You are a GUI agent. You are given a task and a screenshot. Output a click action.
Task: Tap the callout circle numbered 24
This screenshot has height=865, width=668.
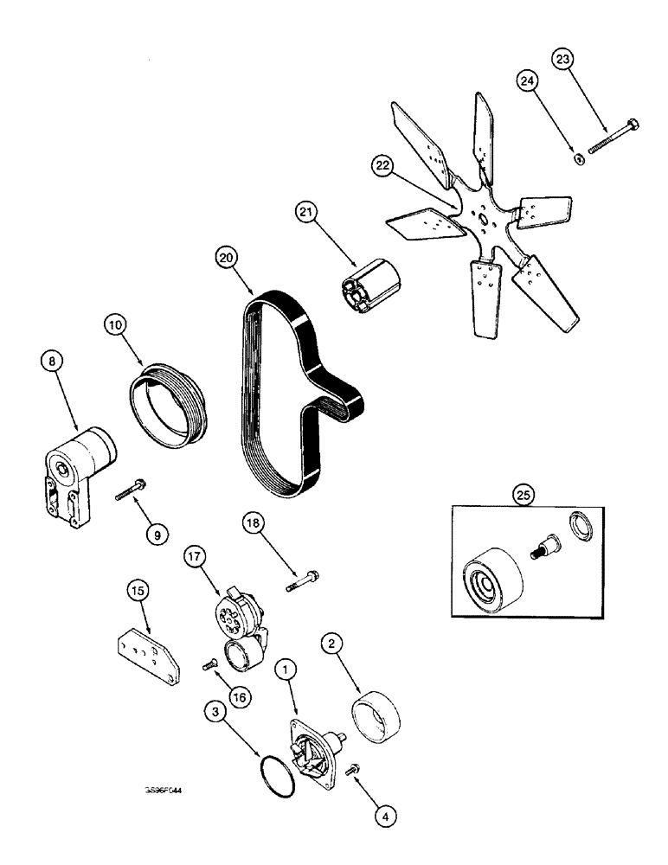pos(528,83)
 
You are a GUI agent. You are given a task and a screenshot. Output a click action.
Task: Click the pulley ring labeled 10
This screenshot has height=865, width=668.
pos(163,396)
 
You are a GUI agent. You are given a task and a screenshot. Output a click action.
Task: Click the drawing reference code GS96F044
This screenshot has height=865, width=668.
pos(169,790)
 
